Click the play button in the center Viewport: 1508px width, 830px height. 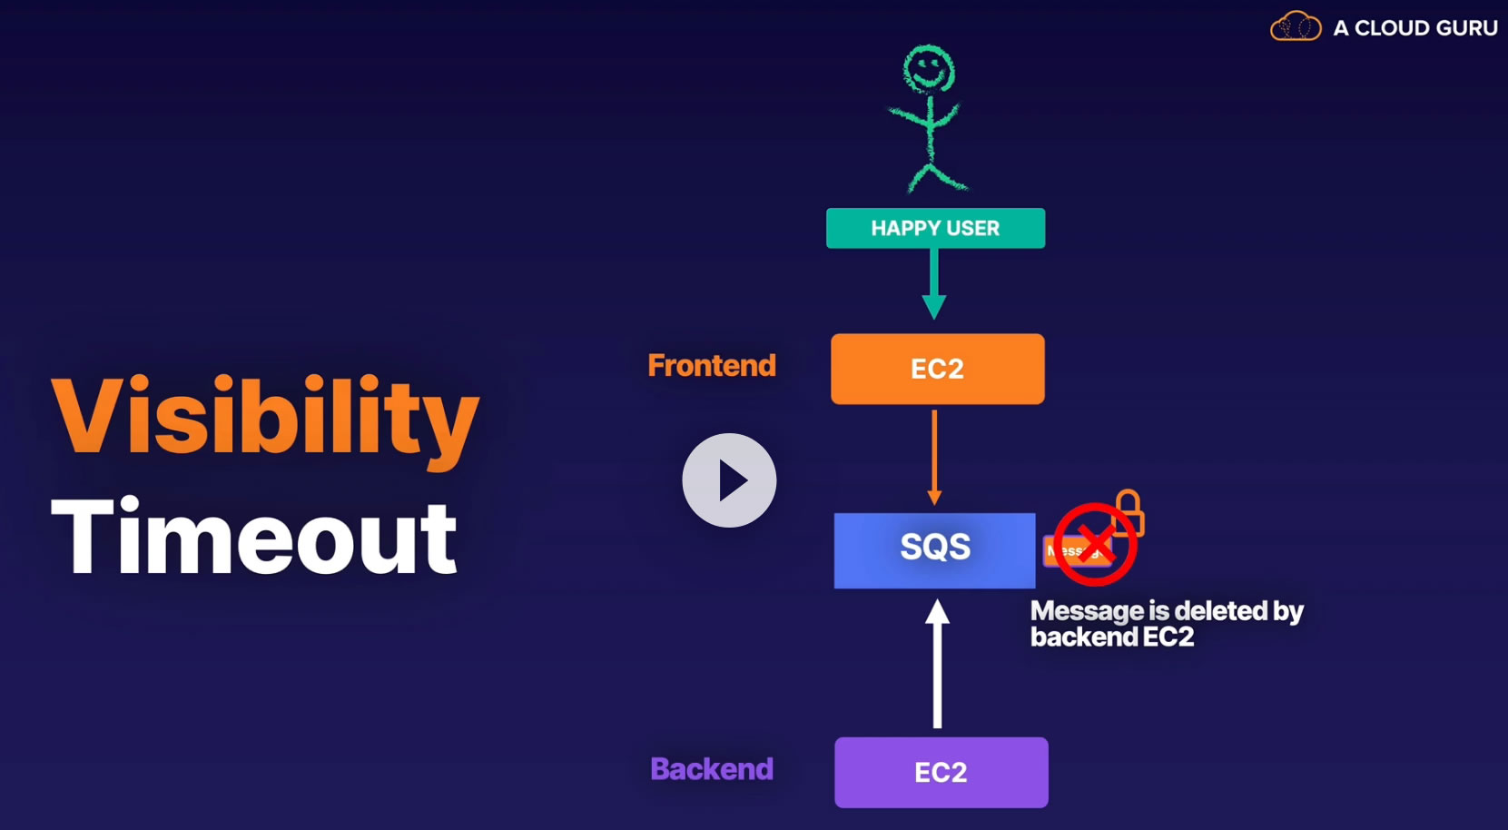point(729,480)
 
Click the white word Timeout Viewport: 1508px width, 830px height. point(254,538)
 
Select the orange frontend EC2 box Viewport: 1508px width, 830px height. point(937,369)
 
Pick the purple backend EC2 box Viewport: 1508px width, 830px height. point(941,772)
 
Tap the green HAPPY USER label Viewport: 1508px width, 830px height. point(935,228)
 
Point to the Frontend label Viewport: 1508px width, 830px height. point(712,365)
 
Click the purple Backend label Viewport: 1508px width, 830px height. point(712,769)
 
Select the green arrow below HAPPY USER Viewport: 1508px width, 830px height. point(934,283)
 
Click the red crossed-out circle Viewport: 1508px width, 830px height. point(1095,545)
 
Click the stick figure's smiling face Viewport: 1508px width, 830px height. point(928,70)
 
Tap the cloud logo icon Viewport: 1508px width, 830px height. point(1296,27)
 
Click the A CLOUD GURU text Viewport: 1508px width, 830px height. point(1414,28)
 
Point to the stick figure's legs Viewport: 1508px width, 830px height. point(935,176)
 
